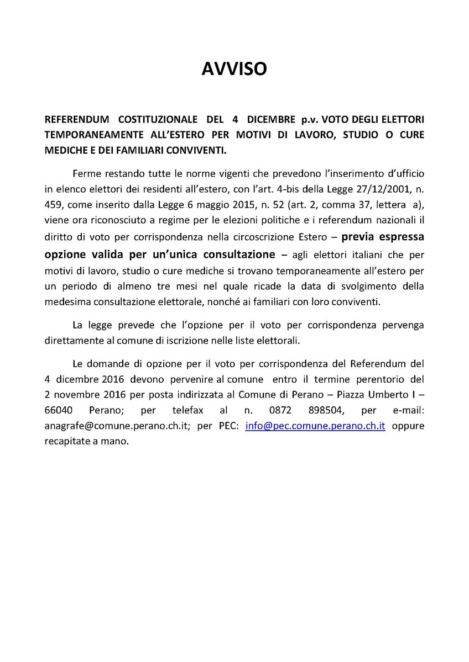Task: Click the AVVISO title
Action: [234, 68]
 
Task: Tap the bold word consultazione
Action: [240, 254]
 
